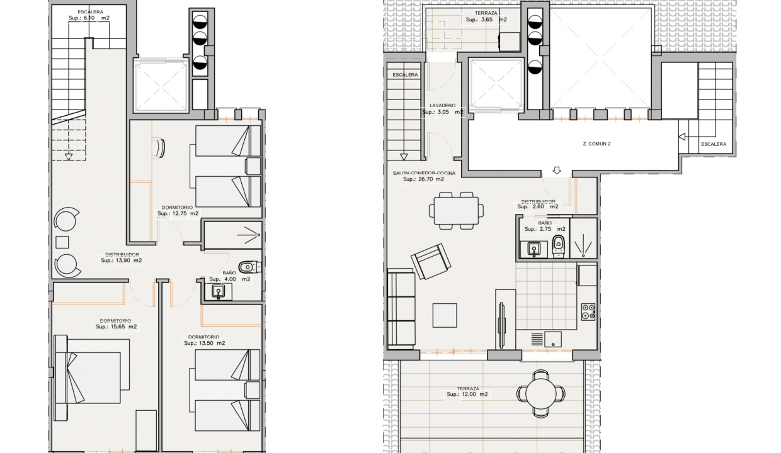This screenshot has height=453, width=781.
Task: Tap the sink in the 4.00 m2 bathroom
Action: coord(219,291)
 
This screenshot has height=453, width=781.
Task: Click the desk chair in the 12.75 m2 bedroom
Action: coord(159,148)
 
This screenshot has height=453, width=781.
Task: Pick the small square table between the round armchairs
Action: coord(62,242)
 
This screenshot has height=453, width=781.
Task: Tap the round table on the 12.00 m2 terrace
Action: coord(540,394)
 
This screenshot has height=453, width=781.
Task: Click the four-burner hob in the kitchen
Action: coord(588,311)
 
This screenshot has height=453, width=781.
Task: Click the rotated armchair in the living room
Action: coord(430,261)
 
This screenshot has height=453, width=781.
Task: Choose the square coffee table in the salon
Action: coord(445,315)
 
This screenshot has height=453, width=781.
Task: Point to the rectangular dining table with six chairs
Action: coord(457,210)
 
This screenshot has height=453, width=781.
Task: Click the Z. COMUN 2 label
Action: coord(596,144)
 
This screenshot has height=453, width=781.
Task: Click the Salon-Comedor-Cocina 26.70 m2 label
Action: coord(423,176)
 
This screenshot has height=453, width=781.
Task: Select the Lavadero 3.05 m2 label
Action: coord(442,109)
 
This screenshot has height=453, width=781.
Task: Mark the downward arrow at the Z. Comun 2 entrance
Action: coord(557,170)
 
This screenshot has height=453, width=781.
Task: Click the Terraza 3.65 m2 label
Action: coord(486,16)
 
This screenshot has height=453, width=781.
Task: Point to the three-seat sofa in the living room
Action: coord(400,309)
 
